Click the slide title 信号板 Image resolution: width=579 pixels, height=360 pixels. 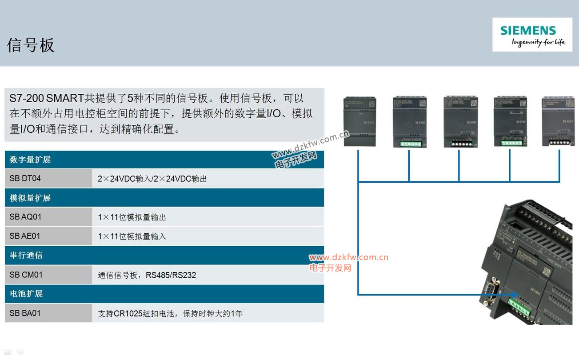(31, 45)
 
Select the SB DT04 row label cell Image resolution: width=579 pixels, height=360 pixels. (48, 178)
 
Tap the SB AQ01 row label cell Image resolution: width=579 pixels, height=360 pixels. (48, 217)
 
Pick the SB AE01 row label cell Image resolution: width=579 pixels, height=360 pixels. (48, 236)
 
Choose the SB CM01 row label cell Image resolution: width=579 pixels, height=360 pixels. (48, 275)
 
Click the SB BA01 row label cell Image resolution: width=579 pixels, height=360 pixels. (48, 313)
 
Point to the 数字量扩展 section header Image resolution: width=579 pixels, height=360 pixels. (30, 160)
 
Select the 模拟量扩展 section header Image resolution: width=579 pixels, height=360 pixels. (30, 198)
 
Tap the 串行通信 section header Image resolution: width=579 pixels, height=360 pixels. (27, 256)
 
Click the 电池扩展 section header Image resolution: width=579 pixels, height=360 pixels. (27, 294)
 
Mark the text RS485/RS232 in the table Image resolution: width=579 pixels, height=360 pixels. (171, 275)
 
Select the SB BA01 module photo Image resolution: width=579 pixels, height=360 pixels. (359, 121)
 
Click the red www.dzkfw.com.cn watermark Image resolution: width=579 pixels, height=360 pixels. (349, 257)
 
